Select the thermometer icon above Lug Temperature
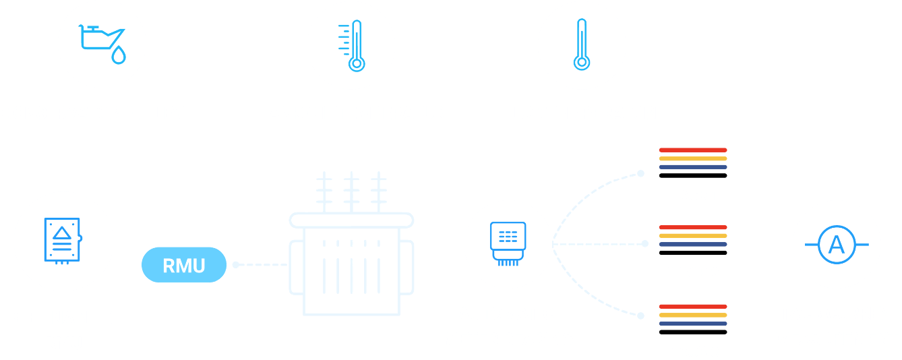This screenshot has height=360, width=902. click(582, 44)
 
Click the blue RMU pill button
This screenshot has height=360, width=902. click(183, 265)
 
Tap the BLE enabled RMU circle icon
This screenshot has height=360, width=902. click(63, 241)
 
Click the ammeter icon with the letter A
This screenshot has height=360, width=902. click(836, 244)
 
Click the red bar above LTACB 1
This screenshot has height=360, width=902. click(693, 150)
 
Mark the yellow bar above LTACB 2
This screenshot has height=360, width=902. click(693, 236)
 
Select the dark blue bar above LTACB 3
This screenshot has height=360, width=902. click(693, 324)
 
